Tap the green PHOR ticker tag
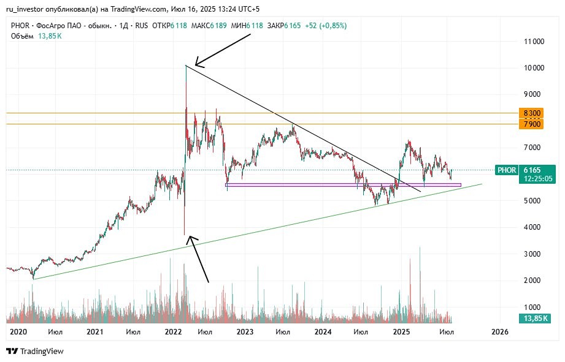[x=507, y=170]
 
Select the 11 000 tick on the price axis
[x=533, y=42]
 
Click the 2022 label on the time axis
[x=172, y=331]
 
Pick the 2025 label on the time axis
[x=401, y=331]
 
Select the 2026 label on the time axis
[x=500, y=331]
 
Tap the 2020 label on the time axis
[x=18, y=331]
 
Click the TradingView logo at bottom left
[x=35, y=351]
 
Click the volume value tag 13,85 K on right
[x=535, y=319]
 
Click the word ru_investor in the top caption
[x=25, y=9]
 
